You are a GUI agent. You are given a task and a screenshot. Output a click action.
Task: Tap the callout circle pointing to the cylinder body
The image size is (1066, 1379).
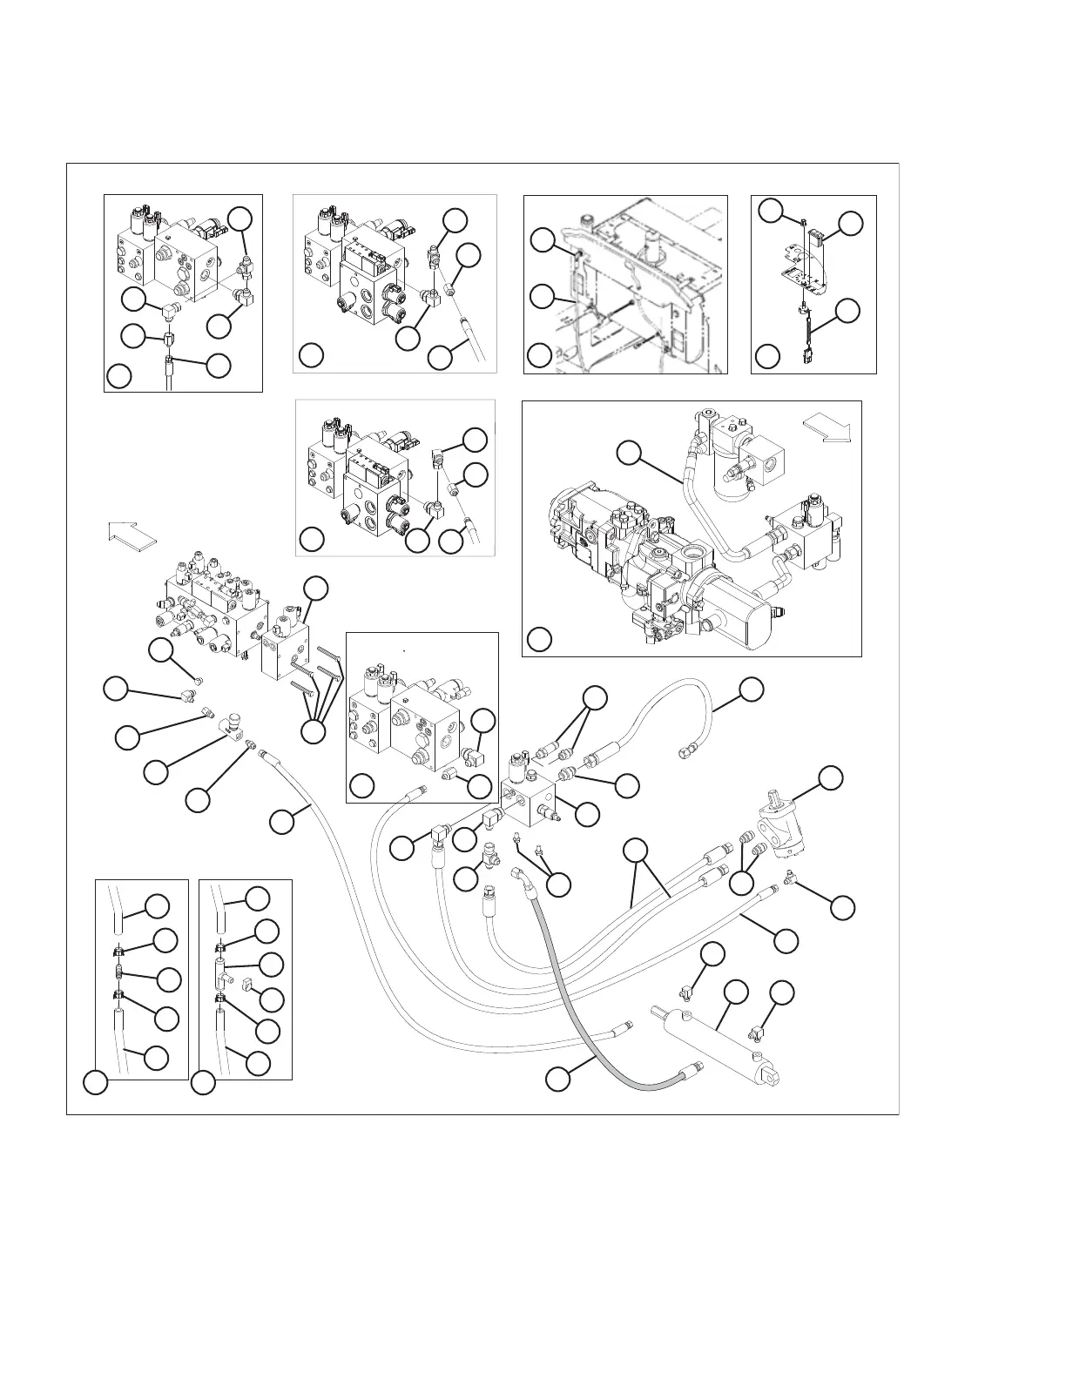coord(736,992)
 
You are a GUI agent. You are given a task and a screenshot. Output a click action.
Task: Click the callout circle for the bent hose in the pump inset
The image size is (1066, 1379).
coord(630,452)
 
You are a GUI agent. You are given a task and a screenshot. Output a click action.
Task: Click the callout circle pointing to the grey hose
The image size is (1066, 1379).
coord(558,1079)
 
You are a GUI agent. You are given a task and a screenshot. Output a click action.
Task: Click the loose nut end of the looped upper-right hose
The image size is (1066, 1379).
coord(685,748)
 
